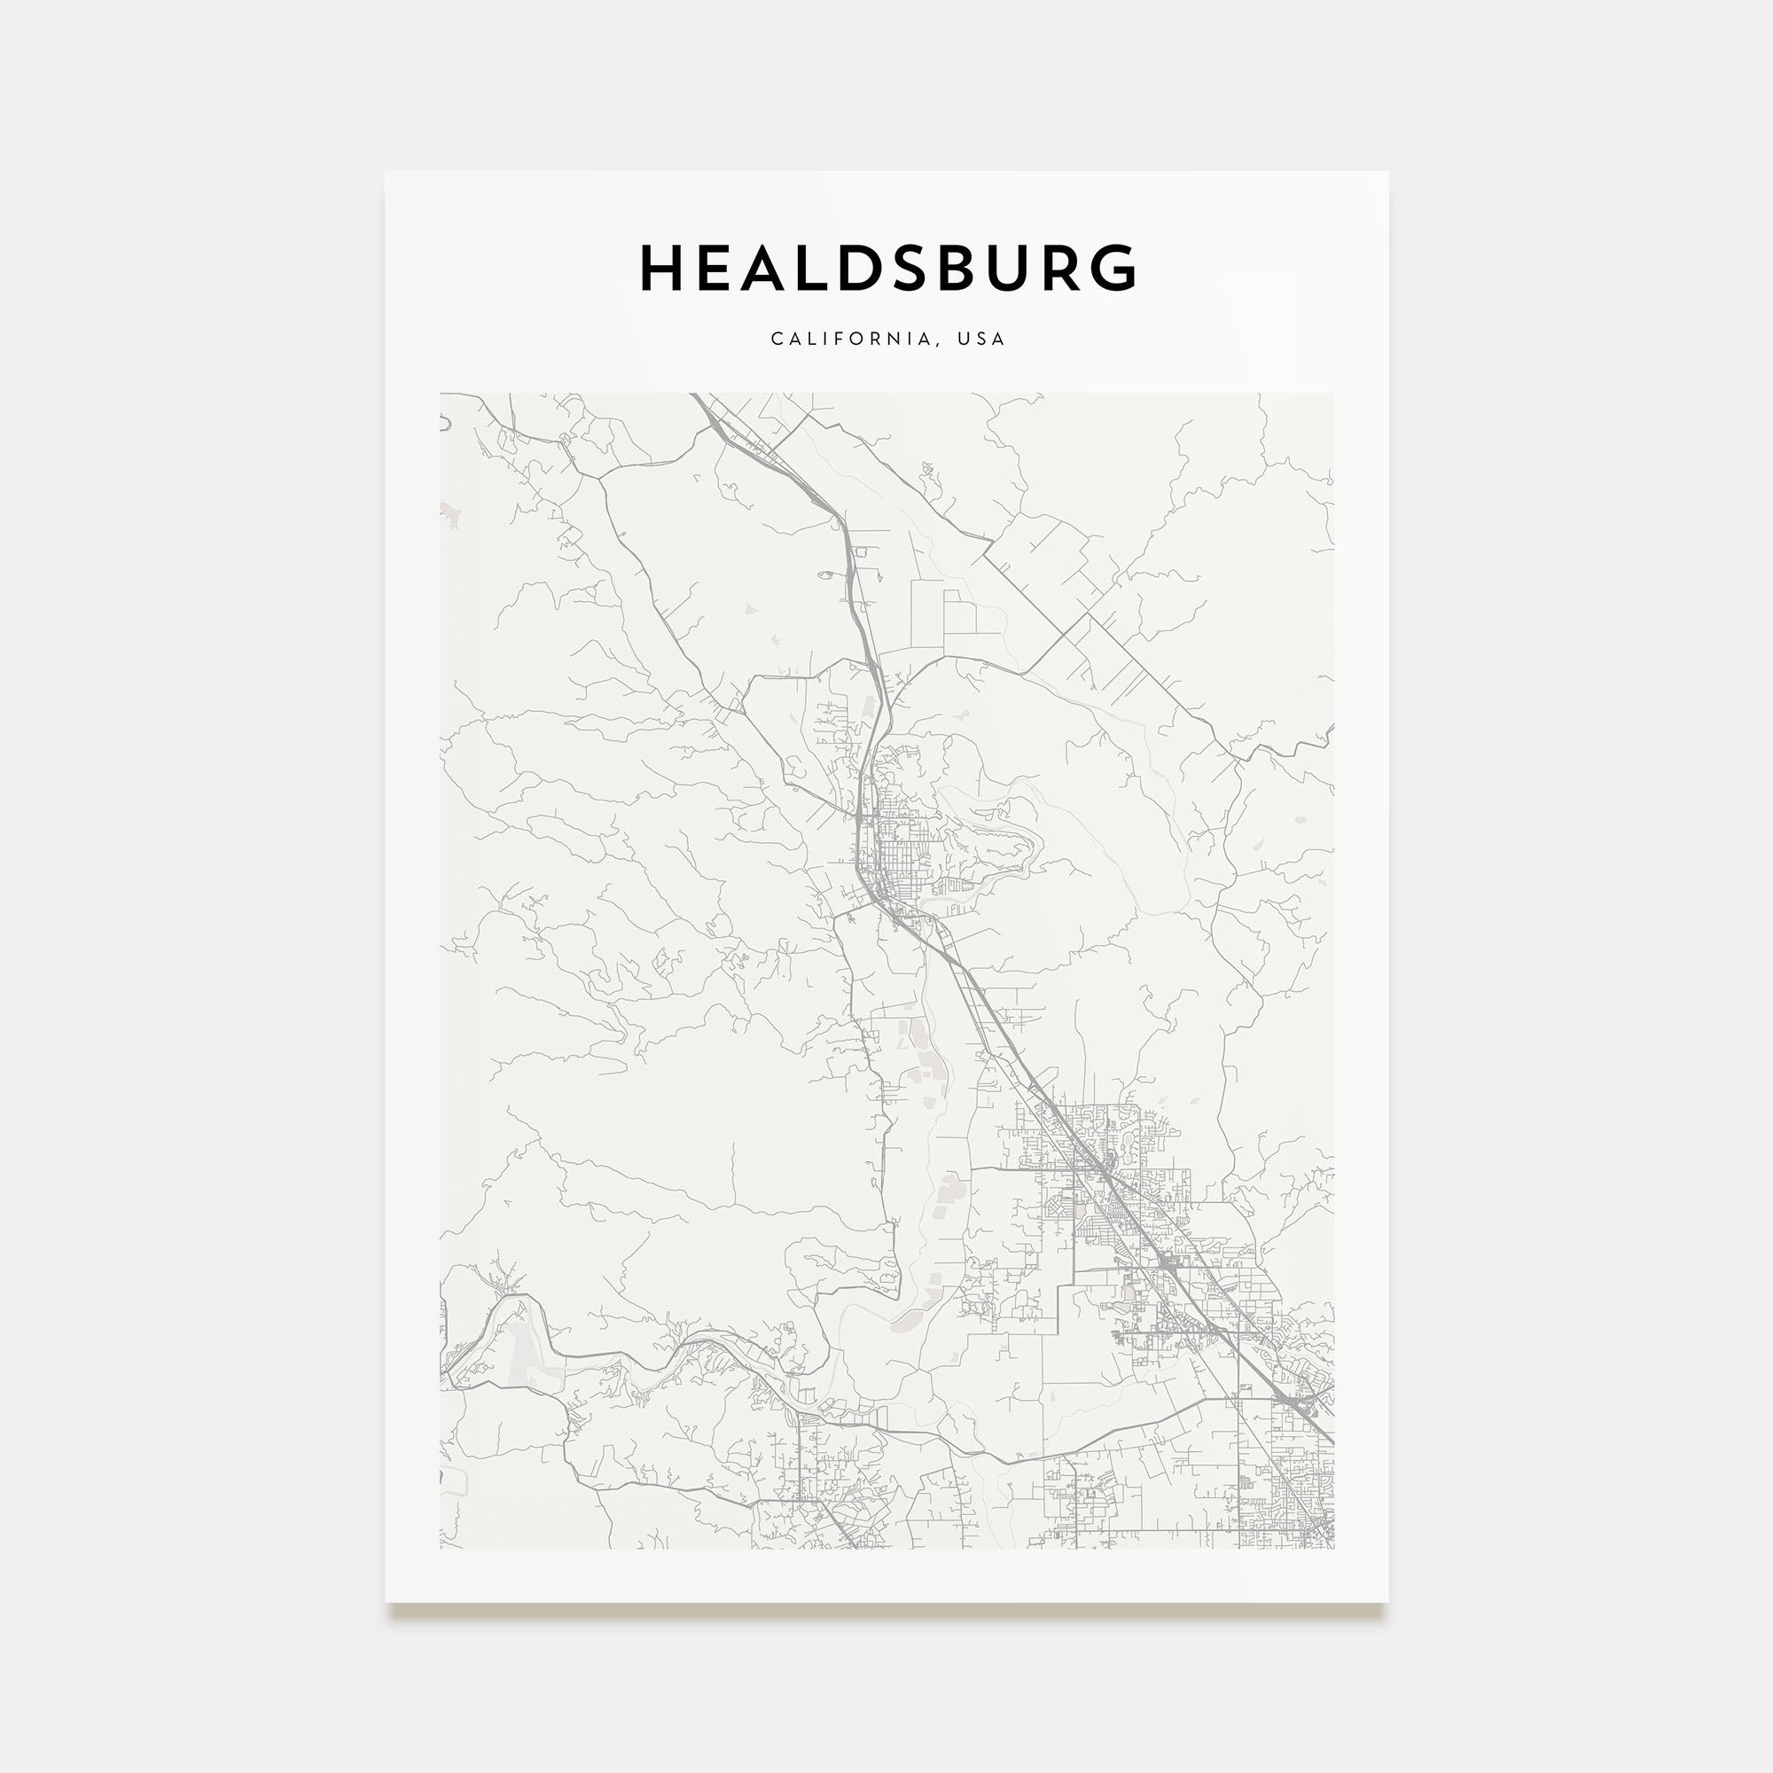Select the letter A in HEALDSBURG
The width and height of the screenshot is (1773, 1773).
click(x=763, y=268)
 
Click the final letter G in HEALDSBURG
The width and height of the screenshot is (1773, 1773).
click(x=1116, y=268)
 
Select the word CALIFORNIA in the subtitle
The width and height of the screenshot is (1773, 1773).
click(x=855, y=339)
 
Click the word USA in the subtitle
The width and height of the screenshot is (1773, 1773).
click(x=982, y=339)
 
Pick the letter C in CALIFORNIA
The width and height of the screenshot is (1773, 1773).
click(x=777, y=339)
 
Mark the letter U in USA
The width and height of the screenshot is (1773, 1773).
click(x=964, y=339)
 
